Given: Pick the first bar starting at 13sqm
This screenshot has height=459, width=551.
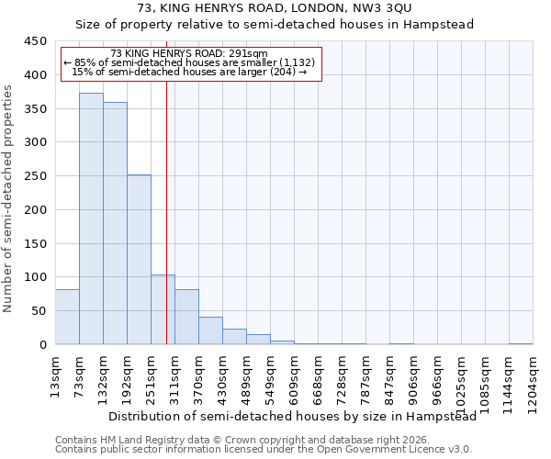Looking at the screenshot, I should [67, 317].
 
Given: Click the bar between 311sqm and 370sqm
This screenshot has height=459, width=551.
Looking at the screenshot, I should [186, 317].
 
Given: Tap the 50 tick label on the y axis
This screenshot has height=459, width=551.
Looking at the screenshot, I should [39, 311].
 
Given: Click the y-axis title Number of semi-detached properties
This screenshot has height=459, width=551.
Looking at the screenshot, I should [8, 198].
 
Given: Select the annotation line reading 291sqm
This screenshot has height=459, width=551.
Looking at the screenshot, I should [188, 53].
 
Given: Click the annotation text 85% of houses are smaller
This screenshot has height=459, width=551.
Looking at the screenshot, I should [189, 62].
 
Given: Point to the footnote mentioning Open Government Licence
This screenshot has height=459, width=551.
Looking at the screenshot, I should [263, 449].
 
